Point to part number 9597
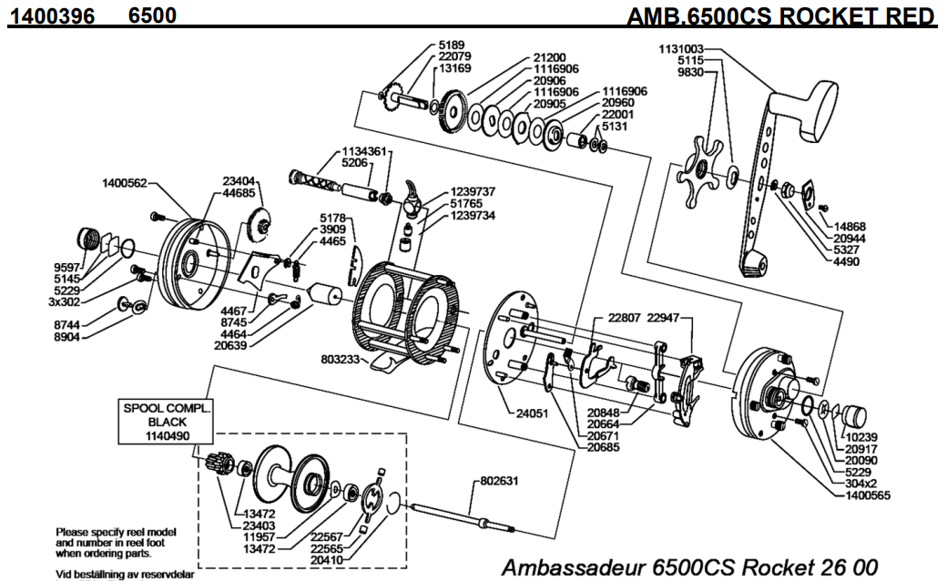(69, 267)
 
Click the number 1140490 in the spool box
(167, 436)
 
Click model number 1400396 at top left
(52, 17)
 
